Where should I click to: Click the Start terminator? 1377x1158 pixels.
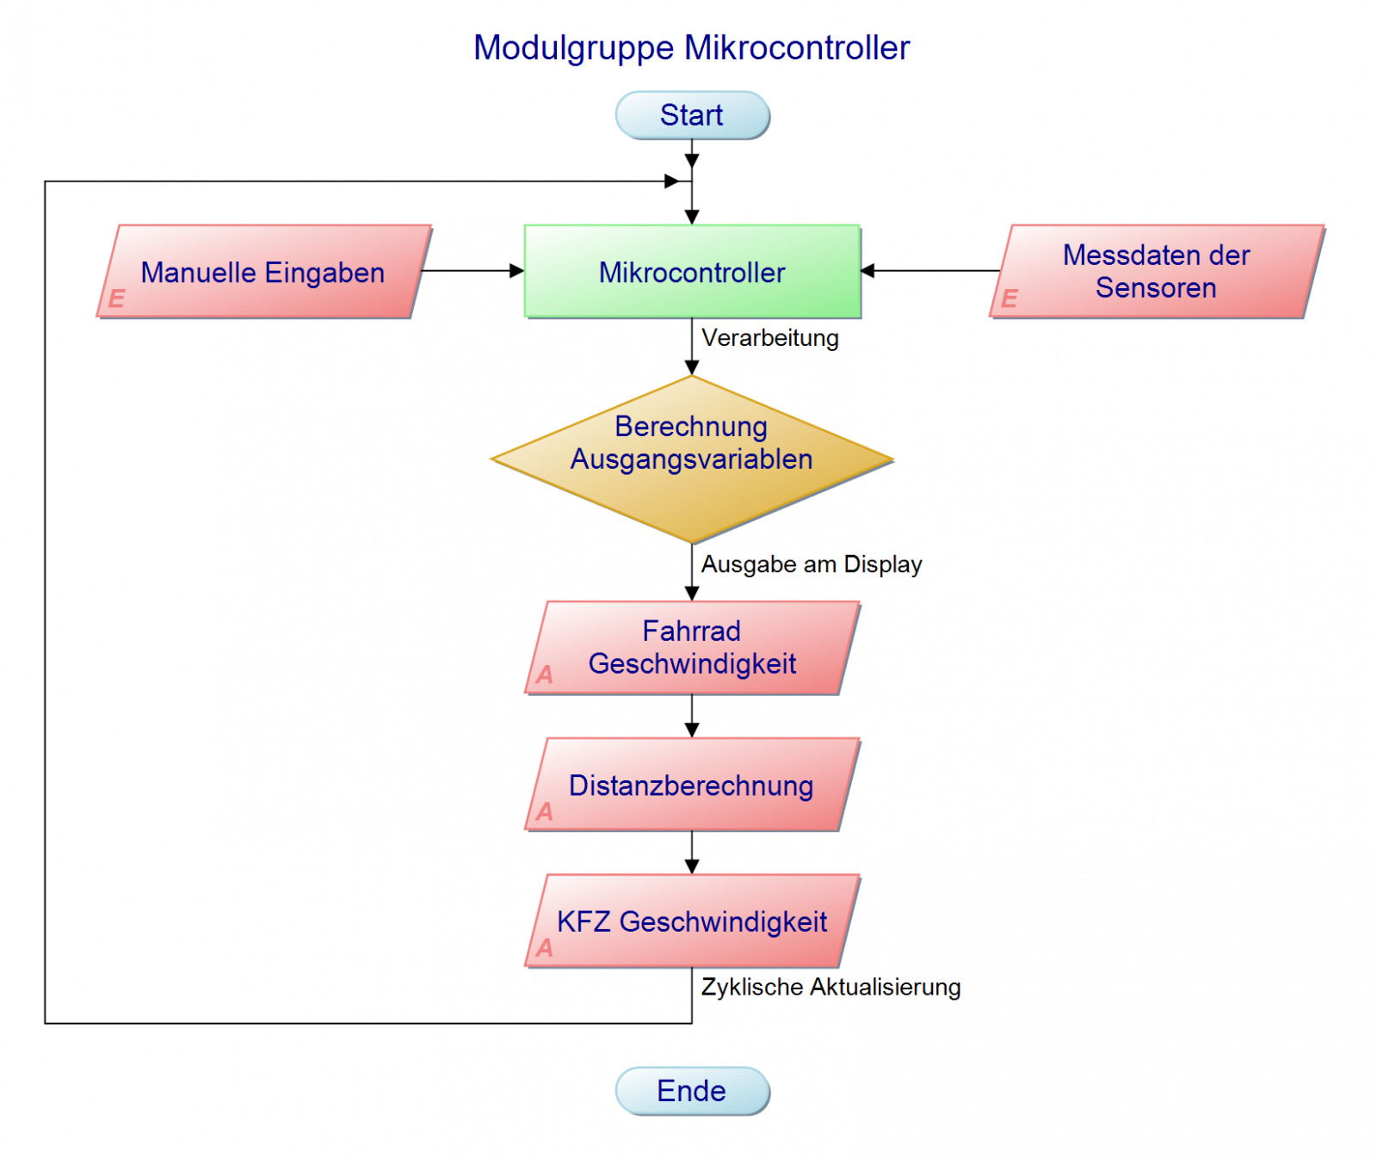coord(691,115)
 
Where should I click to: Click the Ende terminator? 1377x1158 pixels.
coord(691,1090)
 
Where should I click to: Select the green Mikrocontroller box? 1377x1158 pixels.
coord(691,272)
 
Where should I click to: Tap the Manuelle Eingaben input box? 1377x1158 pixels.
coord(262,272)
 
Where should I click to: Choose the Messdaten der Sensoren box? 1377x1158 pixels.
coord(1156,271)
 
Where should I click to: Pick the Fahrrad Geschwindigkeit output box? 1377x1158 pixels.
coord(691,647)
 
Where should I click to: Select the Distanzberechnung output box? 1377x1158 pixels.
coord(691,785)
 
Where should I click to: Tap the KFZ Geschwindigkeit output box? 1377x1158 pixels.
coord(691,921)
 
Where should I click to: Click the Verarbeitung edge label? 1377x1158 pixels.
coord(769,338)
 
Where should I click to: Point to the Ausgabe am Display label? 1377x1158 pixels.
coord(811,564)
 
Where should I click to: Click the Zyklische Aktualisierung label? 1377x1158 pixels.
coord(831,987)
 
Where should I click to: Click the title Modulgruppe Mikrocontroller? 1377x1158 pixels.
coord(691,48)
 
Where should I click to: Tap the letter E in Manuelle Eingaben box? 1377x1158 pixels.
coord(116,299)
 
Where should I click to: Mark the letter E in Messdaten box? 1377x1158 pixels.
coord(1010,299)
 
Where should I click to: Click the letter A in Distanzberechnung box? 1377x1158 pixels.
coord(545,811)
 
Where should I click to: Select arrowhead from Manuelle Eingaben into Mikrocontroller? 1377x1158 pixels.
coord(517,271)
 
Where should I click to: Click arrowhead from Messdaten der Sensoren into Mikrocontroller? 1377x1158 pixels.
coord(868,271)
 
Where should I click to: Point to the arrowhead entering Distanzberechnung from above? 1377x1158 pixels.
coord(691,730)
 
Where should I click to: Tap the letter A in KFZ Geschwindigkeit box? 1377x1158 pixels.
coord(545,948)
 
